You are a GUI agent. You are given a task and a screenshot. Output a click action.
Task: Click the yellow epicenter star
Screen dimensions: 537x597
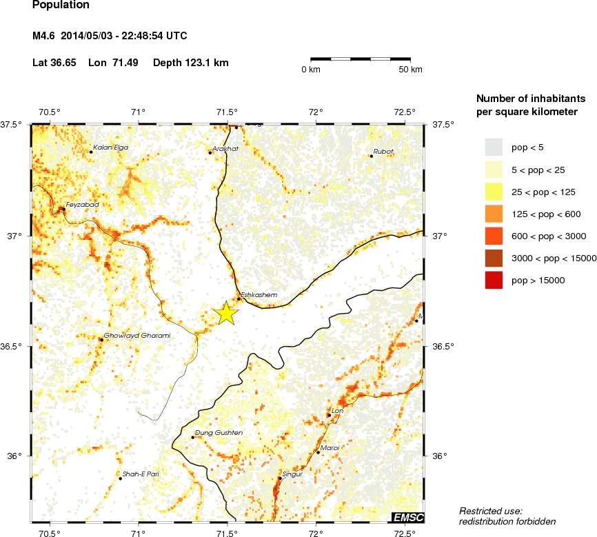(x=226, y=313)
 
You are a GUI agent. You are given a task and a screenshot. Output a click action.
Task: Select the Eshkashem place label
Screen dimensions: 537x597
(x=259, y=294)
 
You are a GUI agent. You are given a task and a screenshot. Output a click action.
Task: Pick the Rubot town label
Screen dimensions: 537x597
(x=383, y=151)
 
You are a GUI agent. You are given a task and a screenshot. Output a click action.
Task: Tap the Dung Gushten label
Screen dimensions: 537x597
(x=219, y=433)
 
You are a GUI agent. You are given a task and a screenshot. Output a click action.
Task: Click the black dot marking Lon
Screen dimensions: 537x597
(x=329, y=415)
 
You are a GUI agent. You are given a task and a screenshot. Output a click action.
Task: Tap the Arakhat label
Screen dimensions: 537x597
(x=225, y=148)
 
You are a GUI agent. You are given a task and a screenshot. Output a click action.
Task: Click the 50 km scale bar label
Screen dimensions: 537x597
(x=411, y=70)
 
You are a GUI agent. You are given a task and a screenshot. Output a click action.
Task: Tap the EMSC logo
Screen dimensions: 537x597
(x=407, y=518)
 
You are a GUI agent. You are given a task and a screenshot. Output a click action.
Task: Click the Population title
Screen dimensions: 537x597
(x=61, y=5)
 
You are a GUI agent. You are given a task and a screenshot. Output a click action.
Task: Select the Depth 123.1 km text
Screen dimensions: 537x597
(x=190, y=63)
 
